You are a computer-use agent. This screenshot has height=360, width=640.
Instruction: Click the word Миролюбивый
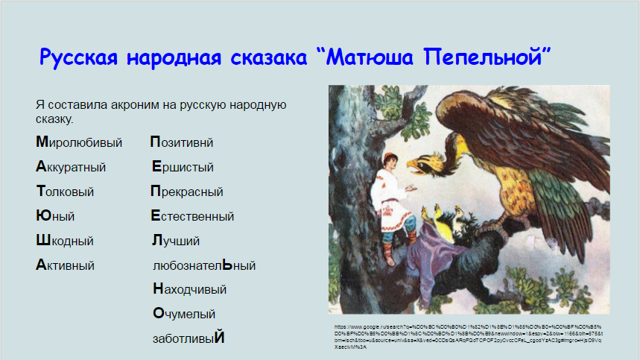click(x=78, y=142)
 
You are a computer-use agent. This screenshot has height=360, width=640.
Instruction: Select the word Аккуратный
click(x=71, y=167)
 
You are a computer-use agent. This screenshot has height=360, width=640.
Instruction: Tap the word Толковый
click(x=65, y=192)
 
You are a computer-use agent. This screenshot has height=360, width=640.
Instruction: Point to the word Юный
click(x=55, y=216)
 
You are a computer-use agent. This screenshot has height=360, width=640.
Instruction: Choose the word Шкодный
click(x=64, y=241)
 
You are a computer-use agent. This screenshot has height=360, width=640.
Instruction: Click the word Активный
click(x=65, y=265)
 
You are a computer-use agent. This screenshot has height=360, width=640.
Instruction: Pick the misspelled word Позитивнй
click(x=182, y=142)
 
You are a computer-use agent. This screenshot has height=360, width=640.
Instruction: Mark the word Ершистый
click(x=183, y=167)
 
